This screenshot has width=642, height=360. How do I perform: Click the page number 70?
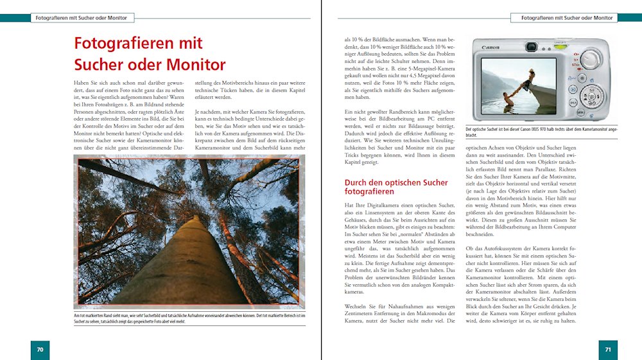point(40,350)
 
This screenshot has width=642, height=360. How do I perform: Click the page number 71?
point(607,350)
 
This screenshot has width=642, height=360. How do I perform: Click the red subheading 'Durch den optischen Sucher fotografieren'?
point(396,187)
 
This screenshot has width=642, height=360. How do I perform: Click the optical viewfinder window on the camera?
point(532,47)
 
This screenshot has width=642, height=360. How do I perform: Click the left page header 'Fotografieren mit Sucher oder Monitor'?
point(81,18)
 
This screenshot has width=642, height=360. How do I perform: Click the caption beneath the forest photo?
point(189,317)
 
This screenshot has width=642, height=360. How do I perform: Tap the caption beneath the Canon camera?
point(539,132)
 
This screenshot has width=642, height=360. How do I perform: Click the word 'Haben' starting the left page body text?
point(82,83)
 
